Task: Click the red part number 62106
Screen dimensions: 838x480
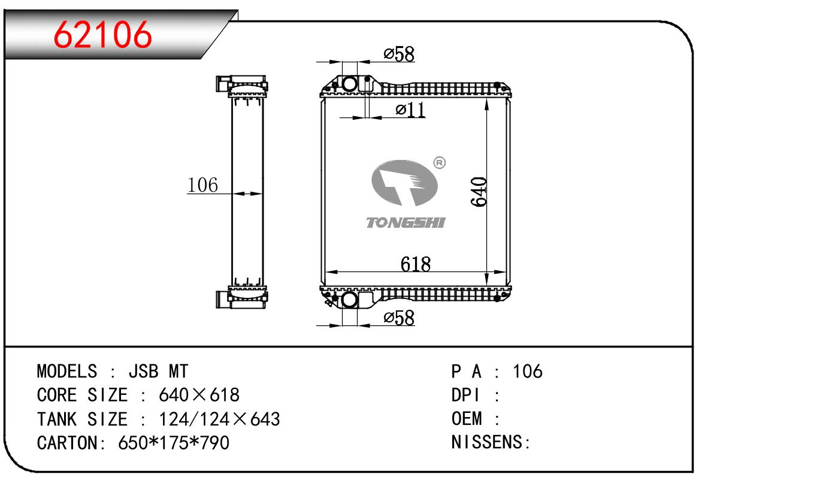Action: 102,35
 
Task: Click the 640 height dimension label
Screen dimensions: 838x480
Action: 479,192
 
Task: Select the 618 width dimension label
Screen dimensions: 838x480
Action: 415,264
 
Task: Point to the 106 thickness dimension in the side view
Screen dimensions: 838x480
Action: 202,185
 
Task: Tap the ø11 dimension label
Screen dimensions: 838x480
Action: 410,110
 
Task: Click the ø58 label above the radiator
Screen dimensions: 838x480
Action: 399,55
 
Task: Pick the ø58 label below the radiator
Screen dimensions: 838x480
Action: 399,318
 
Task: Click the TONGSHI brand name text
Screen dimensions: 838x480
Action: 406,222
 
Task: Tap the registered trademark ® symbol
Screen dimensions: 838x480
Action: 440,163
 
